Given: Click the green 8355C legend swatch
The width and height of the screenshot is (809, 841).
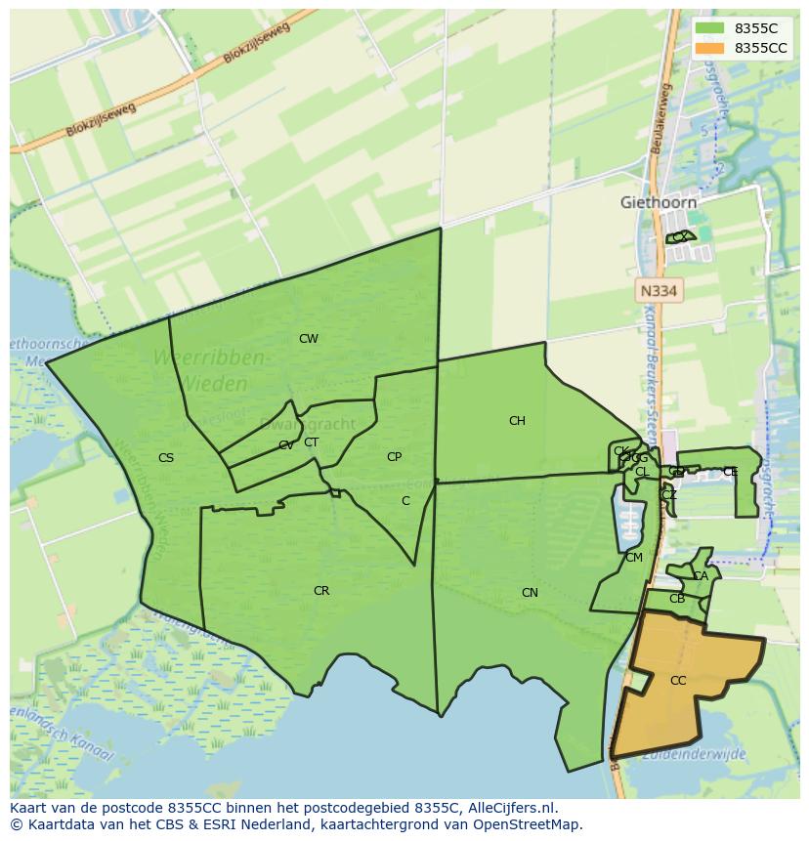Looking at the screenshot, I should [710, 29].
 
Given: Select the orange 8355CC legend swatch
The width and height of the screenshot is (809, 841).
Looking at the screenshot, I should [710, 48].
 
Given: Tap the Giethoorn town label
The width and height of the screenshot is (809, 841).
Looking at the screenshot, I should [659, 202].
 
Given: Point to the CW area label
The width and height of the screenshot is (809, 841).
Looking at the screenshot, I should [309, 339].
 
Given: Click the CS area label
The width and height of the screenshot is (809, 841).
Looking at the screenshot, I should [166, 457].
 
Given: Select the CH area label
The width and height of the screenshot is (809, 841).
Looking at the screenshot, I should [517, 421].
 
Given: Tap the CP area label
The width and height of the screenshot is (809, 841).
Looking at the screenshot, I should [394, 456].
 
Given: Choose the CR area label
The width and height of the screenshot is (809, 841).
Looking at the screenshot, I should [321, 591].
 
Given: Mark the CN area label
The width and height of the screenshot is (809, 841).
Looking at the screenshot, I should [530, 593].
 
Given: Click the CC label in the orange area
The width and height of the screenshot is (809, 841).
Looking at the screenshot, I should [678, 681].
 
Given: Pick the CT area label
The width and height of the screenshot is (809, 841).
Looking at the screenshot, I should [311, 442].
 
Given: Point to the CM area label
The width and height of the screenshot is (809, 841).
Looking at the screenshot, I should [634, 558].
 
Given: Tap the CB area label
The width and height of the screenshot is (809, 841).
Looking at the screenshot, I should [677, 599].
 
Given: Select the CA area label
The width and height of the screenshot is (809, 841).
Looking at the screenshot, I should [701, 576].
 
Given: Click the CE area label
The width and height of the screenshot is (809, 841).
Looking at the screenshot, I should [730, 472].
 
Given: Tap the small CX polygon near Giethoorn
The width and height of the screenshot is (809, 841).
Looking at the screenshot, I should [680, 236].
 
